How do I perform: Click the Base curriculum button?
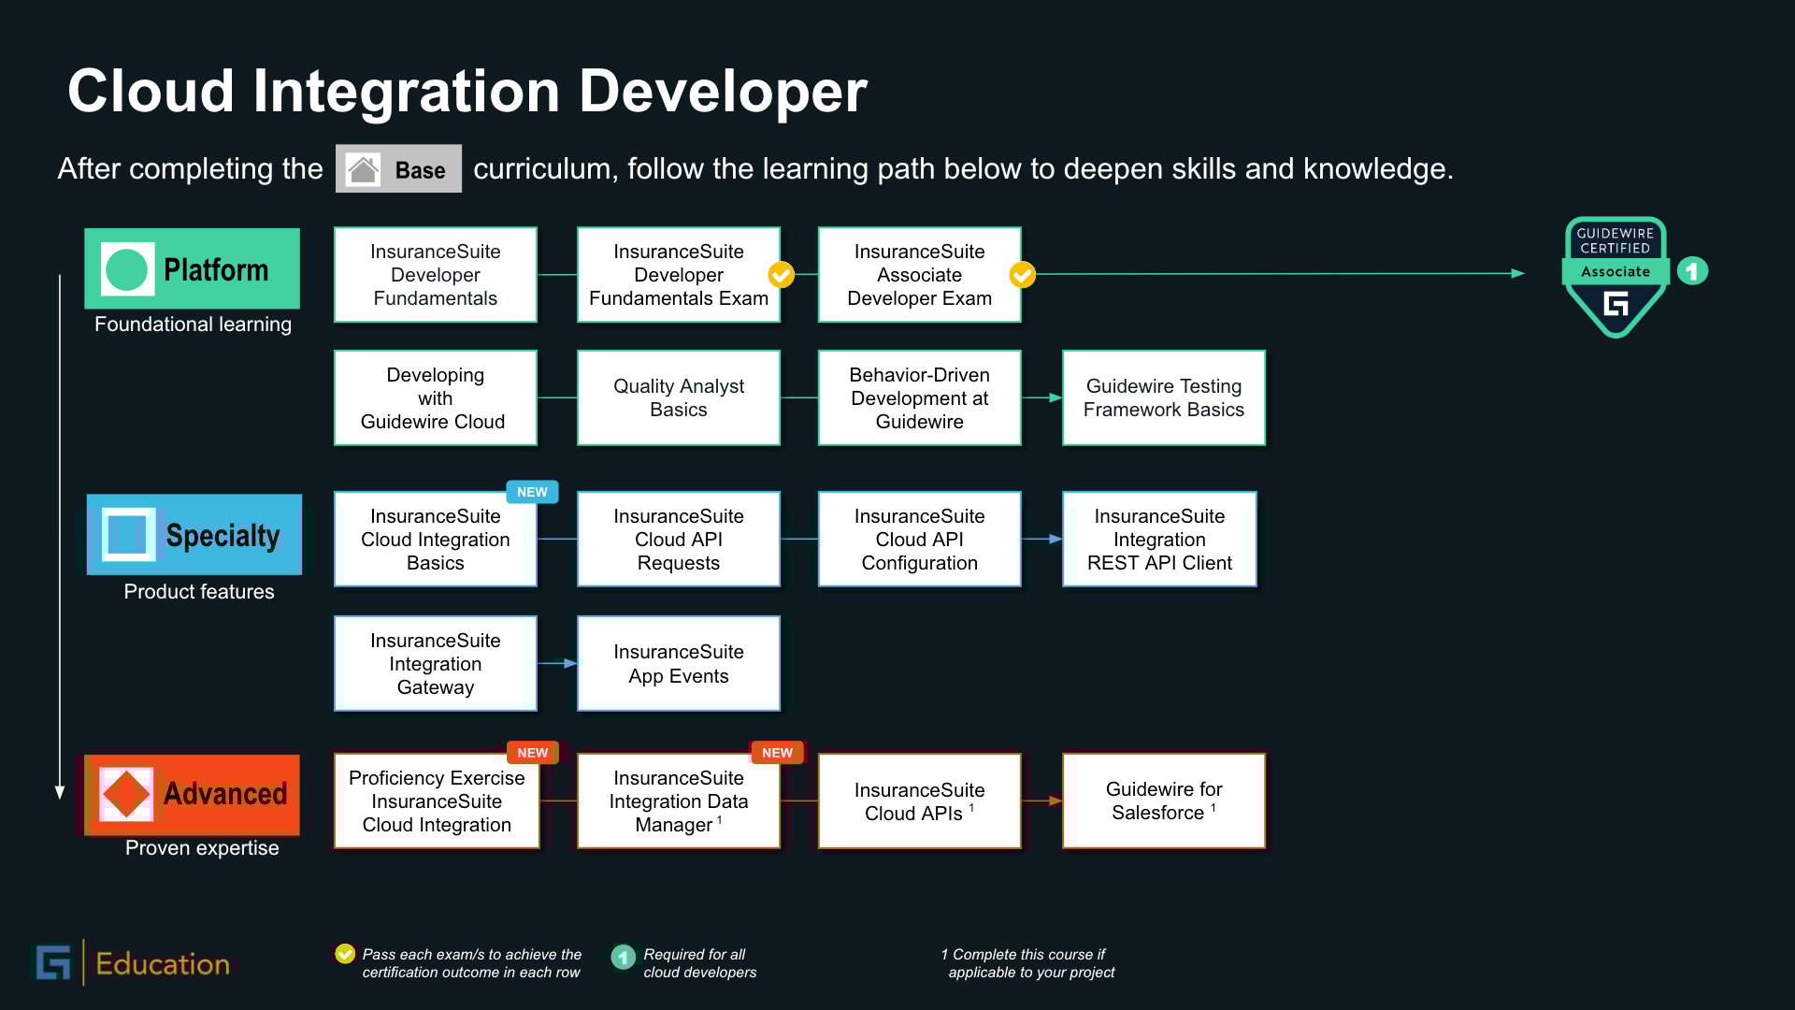398,169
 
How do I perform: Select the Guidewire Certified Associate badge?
1615,277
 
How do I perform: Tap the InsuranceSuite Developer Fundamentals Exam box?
679,275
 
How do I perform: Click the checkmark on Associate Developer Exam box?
1023,275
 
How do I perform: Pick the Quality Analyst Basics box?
679,397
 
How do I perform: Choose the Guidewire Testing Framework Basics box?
1164,397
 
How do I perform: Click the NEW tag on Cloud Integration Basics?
532,492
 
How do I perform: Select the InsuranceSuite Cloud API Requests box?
679,540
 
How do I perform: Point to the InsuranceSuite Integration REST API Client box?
1159,540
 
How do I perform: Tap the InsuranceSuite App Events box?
679,663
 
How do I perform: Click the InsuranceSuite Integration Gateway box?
436,663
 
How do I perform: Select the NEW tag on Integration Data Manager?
777,753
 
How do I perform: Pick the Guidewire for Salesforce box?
1164,801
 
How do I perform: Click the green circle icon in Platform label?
126,269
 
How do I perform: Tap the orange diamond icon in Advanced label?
126,794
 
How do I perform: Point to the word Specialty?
223,536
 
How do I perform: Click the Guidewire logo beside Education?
53,963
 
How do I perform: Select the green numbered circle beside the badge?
1692,271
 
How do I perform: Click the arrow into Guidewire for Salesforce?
1041,801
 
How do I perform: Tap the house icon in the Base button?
363,169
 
